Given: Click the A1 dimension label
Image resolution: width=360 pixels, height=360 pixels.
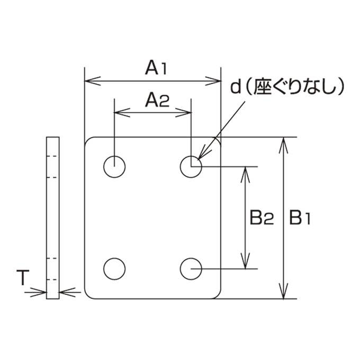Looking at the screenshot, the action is tap(156, 67).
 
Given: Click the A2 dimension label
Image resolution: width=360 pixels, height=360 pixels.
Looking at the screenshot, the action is tap(157, 100).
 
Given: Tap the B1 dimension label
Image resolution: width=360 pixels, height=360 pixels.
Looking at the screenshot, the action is tap(300, 217).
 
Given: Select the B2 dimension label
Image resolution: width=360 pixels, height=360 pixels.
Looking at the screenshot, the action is tap(262, 217).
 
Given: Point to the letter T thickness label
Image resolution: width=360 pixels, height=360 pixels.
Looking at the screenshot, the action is tap(23, 277).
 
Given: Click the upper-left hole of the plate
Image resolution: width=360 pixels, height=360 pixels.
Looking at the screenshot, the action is tap(114, 156).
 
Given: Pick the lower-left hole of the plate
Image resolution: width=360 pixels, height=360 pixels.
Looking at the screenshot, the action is tap(114, 258).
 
